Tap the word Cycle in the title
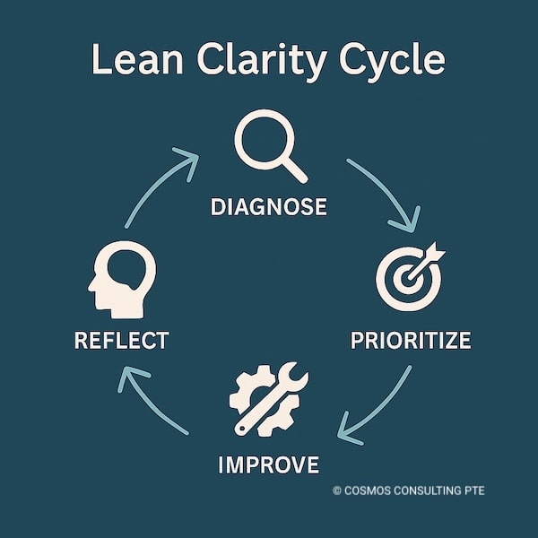[394, 61]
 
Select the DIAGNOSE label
[268, 206]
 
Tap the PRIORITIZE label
[411, 341]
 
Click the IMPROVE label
[268, 464]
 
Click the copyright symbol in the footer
[337, 490]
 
